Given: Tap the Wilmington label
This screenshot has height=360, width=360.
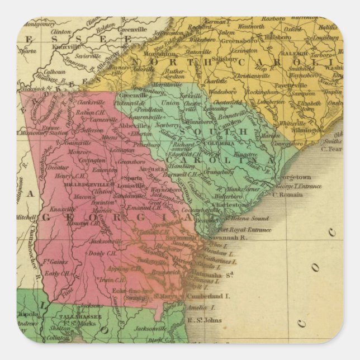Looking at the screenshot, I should pyautogui.click(x=307, y=130).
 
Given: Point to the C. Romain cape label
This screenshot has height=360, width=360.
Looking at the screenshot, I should pyautogui.click(x=287, y=195).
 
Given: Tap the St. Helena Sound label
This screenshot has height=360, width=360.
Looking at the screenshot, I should pyautogui.click(x=241, y=218).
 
